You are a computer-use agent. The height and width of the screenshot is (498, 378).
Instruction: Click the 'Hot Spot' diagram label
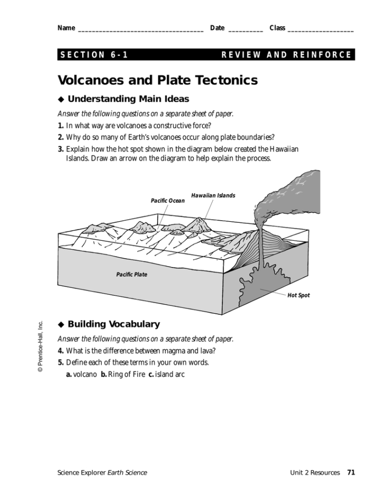pyautogui.click(x=298, y=295)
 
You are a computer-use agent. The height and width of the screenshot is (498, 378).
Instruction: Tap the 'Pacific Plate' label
pyautogui.click(x=131, y=275)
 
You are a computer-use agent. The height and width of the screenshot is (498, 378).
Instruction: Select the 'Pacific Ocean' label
pyautogui.click(x=167, y=200)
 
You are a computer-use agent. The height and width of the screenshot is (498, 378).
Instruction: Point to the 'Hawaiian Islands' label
pyautogui.click(x=213, y=196)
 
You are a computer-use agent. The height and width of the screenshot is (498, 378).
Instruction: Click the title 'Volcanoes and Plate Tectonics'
pyautogui.click(x=158, y=80)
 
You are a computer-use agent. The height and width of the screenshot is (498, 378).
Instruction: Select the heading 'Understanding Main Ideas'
pyautogui.click(x=128, y=99)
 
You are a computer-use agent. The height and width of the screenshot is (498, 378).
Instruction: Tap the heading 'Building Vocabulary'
pyautogui.click(x=114, y=324)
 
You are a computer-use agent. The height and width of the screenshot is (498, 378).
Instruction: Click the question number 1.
pyautogui.click(x=61, y=125)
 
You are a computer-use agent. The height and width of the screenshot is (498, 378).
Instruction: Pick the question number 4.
pyautogui.click(x=61, y=351)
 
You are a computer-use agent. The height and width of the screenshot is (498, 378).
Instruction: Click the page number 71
pyautogui.click(x=351, y=472)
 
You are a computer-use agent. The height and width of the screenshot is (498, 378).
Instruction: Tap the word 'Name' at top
pyautogui.click(x=66, y=28)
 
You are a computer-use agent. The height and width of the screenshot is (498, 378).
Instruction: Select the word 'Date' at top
pyautogui.click(x=217, y=28)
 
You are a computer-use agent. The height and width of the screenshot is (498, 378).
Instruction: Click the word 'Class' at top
pyautogui.click(x=277, y=28)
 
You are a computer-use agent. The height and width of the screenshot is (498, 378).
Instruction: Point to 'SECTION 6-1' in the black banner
pyautogui.click(x=94, y=55)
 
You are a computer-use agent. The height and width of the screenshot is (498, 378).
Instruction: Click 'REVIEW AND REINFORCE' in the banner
pyautogui.click(x=287, y=55)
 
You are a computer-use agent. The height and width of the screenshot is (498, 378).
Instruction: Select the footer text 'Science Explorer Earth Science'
pyautogui.click(x=102, y=473)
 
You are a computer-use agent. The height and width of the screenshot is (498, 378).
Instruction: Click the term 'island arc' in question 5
pyautogui.click(x=169, y=375)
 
